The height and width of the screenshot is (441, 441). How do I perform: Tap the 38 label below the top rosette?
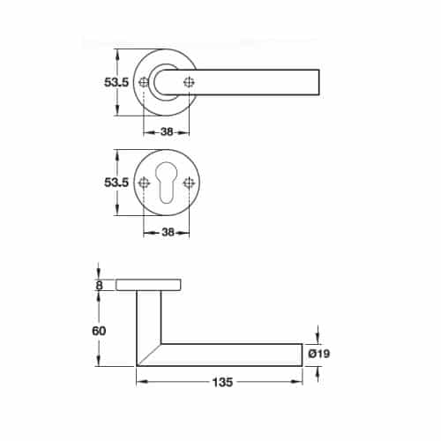click(166, 131)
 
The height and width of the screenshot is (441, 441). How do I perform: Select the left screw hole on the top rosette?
click(144, 83)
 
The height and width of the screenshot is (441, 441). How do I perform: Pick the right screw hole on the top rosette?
click(189, 83)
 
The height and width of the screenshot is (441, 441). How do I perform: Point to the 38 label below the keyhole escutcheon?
click(166, 233)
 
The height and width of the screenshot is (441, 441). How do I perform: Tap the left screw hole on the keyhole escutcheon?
click(144, 183)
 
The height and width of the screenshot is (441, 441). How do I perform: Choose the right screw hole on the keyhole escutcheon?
click(189, 183)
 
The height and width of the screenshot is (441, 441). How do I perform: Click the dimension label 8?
click(99, 285)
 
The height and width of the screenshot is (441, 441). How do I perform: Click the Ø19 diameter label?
click(319, 355)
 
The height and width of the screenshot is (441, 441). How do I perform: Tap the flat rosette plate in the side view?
click(149, 285)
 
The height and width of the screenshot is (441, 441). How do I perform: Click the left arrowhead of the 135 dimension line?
click(140, 381)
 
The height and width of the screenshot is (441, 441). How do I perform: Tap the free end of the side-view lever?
click(298, 355)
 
